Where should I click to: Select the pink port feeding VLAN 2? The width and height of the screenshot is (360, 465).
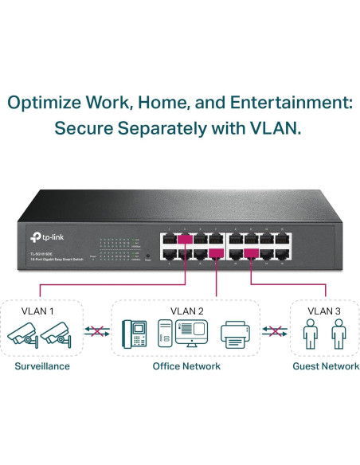216,254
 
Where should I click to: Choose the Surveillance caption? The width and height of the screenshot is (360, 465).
42,365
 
